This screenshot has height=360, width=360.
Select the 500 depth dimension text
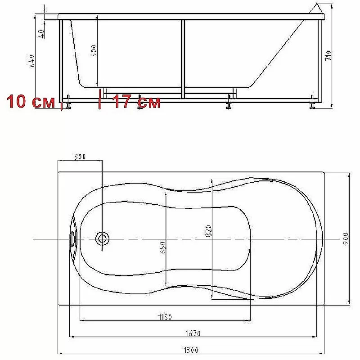[x=94, y=51]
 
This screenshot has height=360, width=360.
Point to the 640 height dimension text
[x=32, y=61]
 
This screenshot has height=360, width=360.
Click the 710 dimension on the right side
[x=328, y=56]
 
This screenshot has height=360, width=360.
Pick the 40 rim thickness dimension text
[x=41, y=34]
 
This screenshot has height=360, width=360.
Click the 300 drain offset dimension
[x=80, y=157]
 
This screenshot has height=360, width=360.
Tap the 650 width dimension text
[x=162, y=247]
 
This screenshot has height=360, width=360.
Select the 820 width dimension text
[x=208, y=231]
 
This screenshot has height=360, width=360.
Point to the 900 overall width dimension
[x=346, y=239]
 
